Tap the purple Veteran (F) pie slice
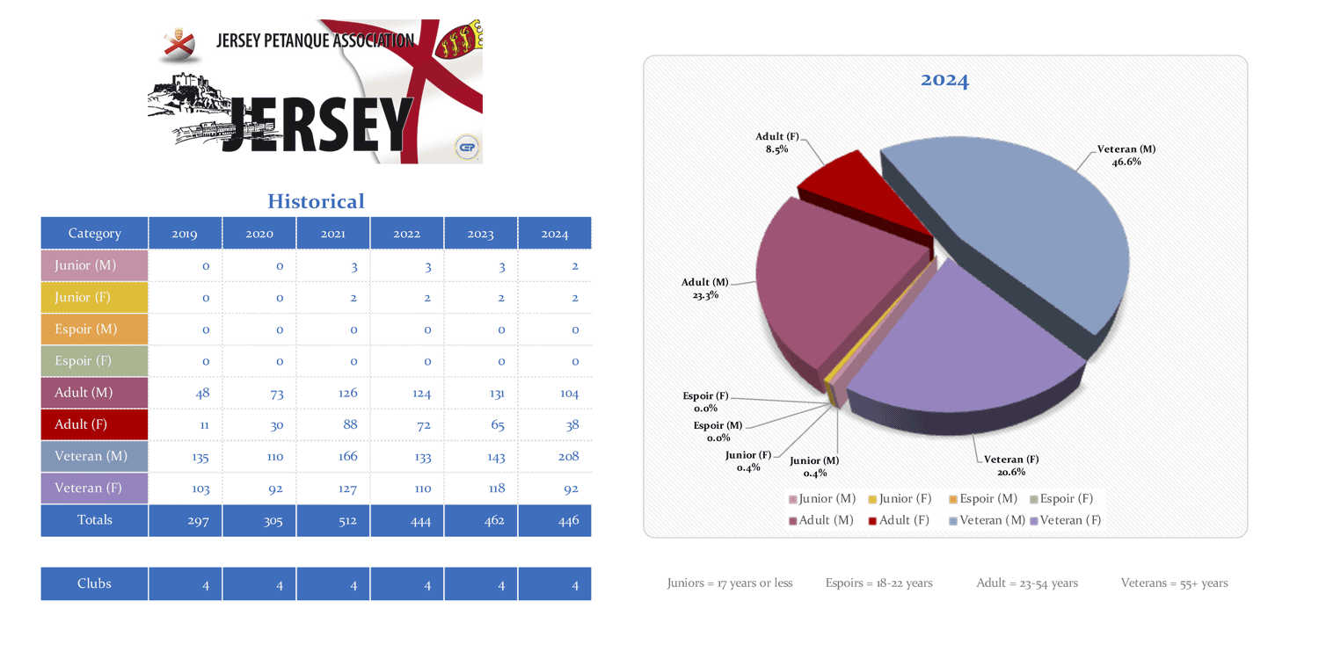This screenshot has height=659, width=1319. tap(958, 351)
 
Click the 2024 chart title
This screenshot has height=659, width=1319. tap(944, 80)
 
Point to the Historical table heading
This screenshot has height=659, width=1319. tap(316, 201)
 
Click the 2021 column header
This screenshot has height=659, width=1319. tap(332, 234)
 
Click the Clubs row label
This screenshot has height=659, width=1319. tap(94, 583)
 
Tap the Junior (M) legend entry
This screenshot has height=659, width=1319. tap(822, 499)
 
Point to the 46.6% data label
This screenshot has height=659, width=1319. tap(1126, 162)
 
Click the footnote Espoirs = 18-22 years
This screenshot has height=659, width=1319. tap(878, 583)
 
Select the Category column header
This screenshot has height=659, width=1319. tap(94, 234)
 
